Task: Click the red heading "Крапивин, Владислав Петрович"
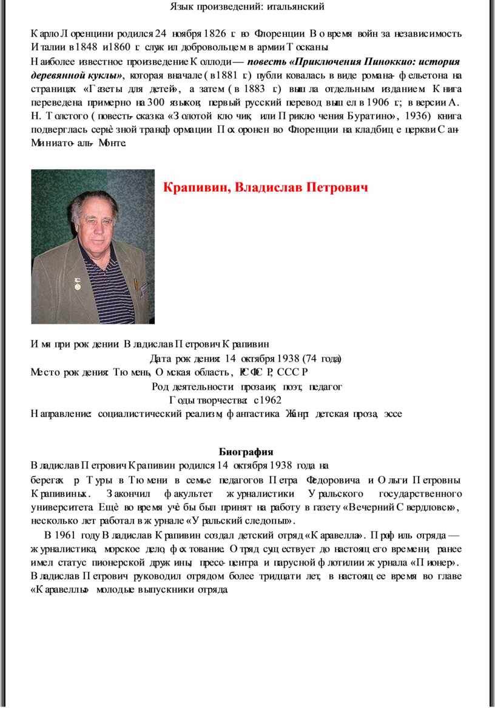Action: click(266, 187)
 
